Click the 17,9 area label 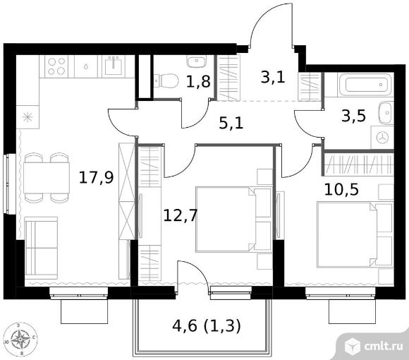96,177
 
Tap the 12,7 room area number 180,216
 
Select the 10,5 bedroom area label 341,189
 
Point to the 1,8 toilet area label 198,81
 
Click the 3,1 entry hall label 273,77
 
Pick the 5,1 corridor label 231,123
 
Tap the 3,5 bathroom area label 354,116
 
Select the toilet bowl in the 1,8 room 166,80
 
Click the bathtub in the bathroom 365,84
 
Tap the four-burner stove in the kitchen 56,66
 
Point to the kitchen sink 114,66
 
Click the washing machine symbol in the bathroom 382,138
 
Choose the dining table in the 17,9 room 47,177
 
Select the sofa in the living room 41,248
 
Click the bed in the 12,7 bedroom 233,220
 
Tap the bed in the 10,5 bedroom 355,234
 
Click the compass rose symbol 20,340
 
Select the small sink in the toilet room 197,61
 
